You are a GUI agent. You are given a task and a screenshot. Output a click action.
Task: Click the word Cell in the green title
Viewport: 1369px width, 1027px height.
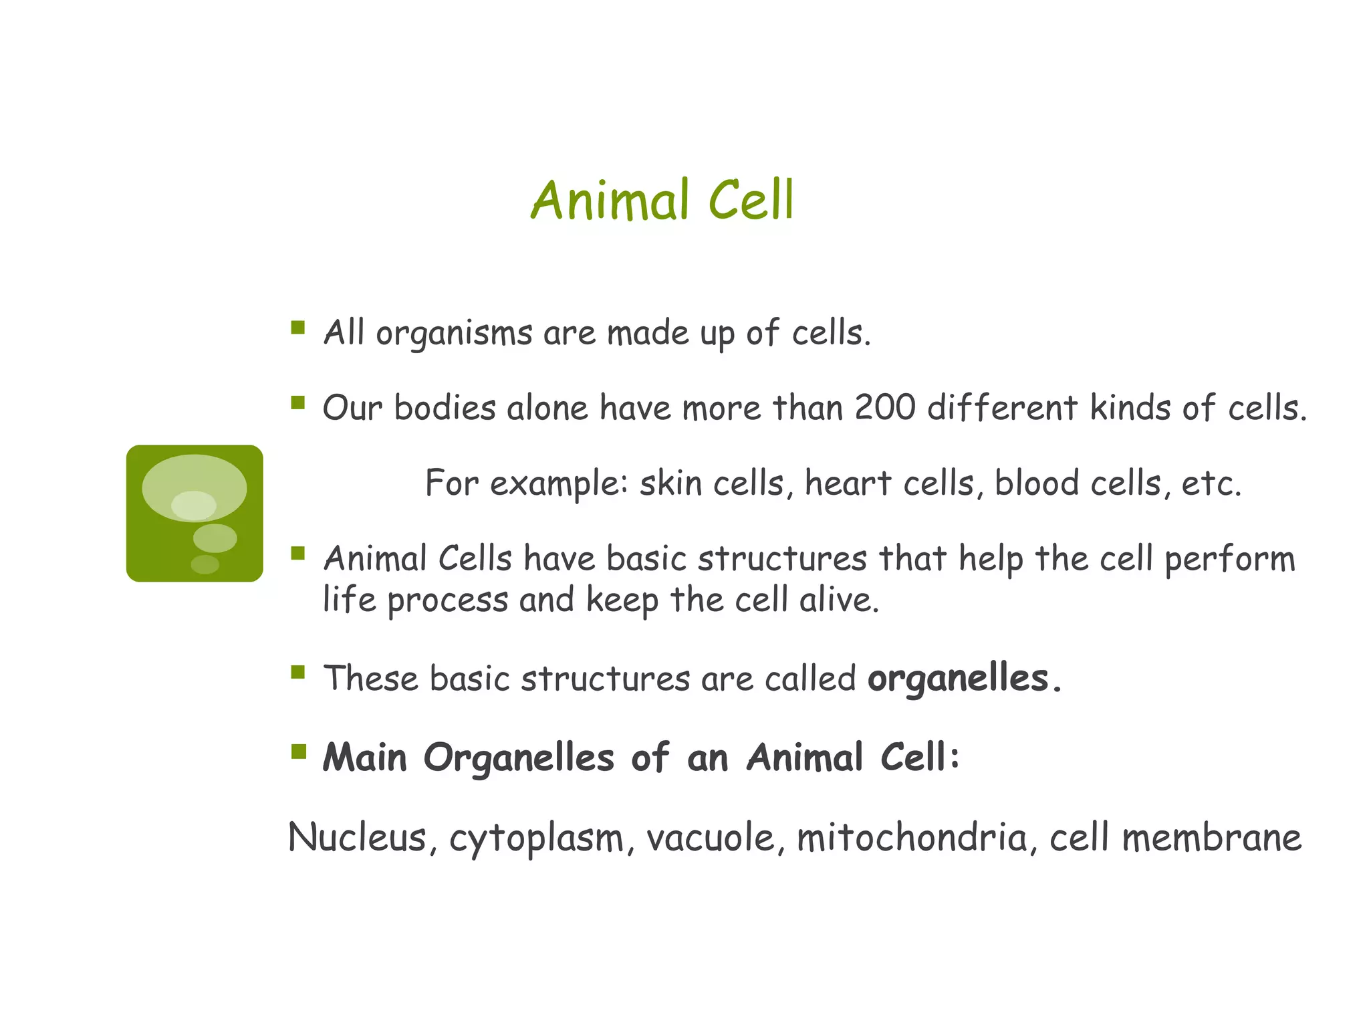tap(751, 201)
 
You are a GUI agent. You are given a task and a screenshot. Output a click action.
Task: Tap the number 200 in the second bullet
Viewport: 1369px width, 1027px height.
tap(884, 407)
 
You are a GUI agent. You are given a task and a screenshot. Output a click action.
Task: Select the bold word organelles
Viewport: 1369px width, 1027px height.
tap(957, 679)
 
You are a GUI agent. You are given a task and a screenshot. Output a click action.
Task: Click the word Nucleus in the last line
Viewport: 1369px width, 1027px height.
tap(357, 837)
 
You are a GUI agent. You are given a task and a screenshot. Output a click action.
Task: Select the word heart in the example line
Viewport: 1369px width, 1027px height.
tap(848, 483)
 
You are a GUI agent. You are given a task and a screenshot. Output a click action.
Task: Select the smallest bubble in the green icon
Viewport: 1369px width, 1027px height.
tap(205, 564)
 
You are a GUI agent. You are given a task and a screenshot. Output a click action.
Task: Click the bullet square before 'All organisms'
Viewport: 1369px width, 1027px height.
tap(298, 328)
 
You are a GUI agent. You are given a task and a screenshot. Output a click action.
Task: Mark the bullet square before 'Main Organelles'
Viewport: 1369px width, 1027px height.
tap(298, 753)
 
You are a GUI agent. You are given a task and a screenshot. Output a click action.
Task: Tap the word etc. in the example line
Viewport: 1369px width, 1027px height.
tap(1211, 484)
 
